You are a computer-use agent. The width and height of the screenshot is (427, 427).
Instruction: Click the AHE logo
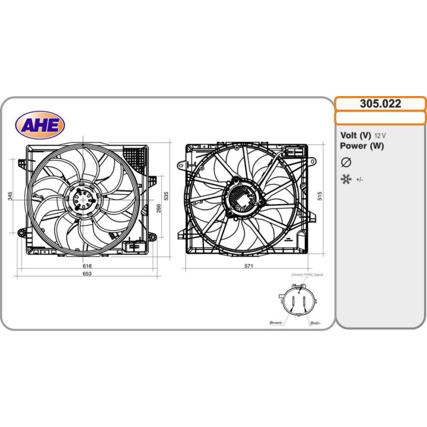tap(40, 124)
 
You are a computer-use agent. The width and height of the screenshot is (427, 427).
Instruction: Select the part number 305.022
tap(380, 104)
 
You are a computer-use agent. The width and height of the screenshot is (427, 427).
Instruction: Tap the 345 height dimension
tap(11, 196)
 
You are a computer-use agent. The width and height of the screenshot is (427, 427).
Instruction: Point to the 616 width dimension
tap(87, 266)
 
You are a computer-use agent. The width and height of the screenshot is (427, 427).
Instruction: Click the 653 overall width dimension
tap(87, 275)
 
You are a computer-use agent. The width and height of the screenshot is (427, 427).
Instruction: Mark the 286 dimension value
tap(158, 208)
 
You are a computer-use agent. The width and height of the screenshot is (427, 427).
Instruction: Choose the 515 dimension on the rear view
tap(319, 196)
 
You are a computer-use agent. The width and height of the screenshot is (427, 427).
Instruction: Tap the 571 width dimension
tap(249, 266)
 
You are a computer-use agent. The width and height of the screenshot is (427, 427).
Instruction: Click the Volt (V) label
tap(355, 135)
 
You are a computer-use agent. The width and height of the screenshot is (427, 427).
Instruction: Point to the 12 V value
tap(380, 136)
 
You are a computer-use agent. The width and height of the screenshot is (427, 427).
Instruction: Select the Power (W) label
tap(362, 146)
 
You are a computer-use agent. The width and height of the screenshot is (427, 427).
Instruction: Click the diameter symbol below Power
tap(346, 162)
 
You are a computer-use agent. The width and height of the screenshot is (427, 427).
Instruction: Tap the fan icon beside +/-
tap(346, 179)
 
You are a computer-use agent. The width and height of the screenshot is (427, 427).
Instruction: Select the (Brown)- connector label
tap(276, 323)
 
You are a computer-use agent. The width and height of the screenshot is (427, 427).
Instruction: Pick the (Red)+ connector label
tap(315, 323)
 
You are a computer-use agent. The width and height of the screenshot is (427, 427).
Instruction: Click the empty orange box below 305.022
tap(380, 117)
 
